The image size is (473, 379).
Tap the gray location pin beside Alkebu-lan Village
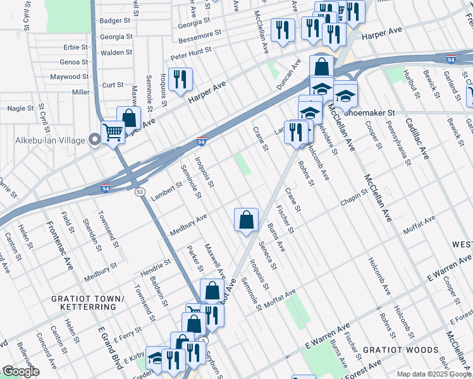[x=95, y=139]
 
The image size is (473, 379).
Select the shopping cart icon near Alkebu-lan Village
[x=113, y=133]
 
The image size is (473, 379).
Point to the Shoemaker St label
[x=369, y=112]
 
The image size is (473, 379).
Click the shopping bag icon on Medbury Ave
[x=246, y=220]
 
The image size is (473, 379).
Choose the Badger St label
[x=116, y=21]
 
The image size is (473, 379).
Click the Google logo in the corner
[x=20, y=371]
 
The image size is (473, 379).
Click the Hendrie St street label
[x=156, y=268]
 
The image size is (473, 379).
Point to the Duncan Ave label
[x=288, y=75]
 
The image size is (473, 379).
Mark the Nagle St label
[x=20, y=109]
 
